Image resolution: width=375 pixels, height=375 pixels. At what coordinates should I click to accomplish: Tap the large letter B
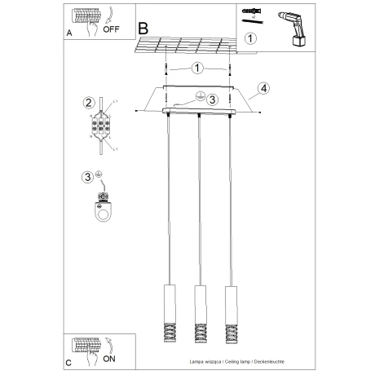click(143, 27)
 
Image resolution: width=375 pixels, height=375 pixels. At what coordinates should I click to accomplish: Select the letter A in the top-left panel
click(70, 33)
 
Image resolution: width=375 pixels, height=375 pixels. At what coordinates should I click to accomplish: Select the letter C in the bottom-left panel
click(70, 361)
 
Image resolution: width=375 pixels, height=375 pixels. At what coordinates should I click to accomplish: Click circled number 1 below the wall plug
click(250, 37)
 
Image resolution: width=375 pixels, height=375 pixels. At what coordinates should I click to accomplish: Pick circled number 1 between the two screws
click(197, 69)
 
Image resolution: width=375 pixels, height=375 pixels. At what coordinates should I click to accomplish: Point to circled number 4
click(263, 89)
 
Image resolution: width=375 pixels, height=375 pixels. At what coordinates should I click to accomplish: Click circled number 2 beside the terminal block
click(88, 102)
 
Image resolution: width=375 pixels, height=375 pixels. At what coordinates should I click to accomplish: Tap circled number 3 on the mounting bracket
click(212, 99)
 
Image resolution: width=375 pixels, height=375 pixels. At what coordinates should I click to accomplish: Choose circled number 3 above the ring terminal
click(86, 177)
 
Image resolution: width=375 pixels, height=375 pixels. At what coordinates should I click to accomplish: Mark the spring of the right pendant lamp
click(230, 331)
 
